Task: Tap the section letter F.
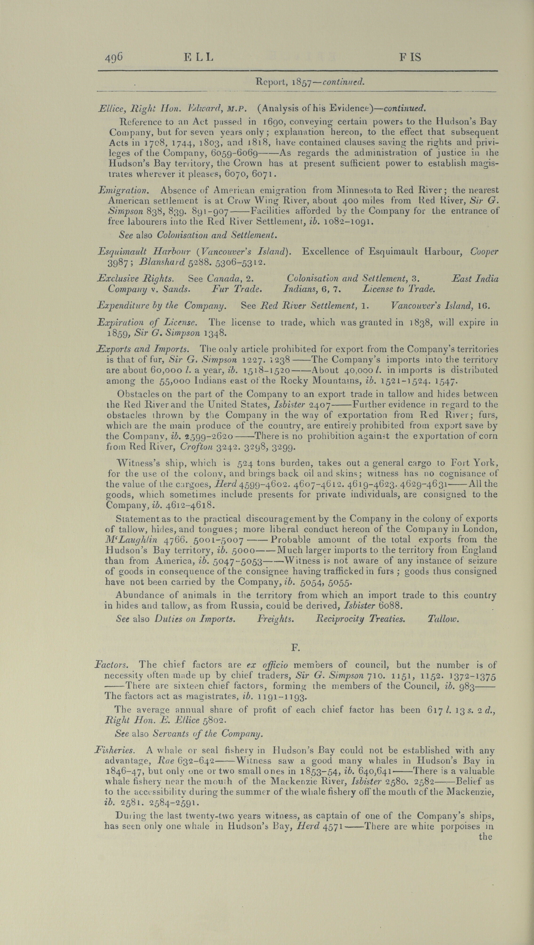296,648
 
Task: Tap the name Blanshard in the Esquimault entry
163,263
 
